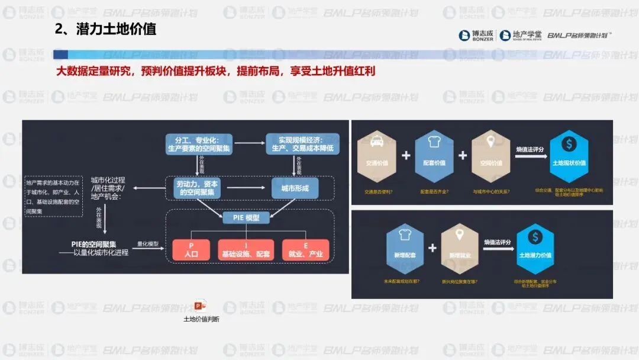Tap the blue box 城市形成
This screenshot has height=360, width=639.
pos(295,188)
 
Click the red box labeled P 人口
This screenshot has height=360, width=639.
pos(191,250)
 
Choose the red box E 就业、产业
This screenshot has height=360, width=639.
pos(305,250)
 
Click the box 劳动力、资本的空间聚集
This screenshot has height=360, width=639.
pos(198,188)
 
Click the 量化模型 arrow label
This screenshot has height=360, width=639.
pos(148,243)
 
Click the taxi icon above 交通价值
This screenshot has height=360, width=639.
pos(376,143)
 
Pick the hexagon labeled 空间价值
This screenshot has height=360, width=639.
pos(491,155)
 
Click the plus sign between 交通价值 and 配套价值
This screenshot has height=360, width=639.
pos(406,156)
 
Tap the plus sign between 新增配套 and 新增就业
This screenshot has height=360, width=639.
pos(432,247)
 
